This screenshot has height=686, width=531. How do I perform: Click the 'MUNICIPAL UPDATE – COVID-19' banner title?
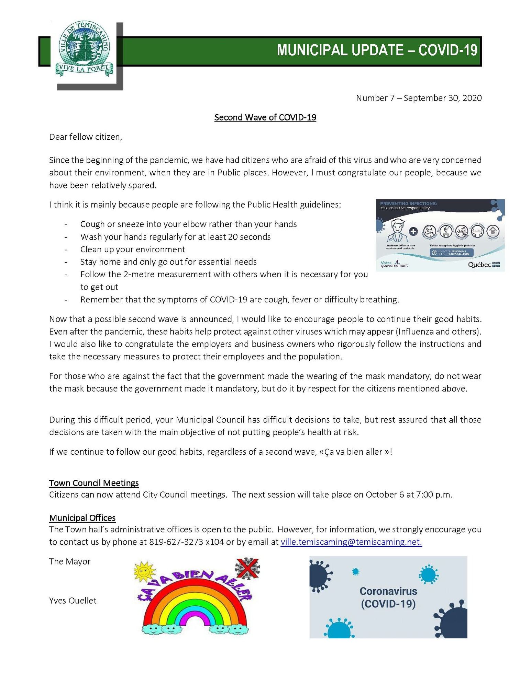(377, 50)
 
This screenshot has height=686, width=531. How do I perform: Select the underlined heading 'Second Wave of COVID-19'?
(265, 118)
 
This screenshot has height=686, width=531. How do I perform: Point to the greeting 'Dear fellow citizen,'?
(86, 137)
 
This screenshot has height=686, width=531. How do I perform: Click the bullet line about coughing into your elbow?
(188, 224)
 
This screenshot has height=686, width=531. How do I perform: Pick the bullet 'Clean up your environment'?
(133, 249)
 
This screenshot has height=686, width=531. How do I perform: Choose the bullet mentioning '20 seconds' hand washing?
(175, 237)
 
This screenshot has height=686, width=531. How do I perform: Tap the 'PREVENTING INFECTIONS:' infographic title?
(408, 204)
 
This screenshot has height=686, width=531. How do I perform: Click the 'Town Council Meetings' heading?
(94, 483)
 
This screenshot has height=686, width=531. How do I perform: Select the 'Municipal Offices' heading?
(82, 518)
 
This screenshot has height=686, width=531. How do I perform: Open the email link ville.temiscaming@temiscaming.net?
(351, 542)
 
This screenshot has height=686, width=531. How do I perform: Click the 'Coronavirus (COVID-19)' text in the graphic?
(388, 597)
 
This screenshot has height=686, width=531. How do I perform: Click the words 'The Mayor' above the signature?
(70, 561)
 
